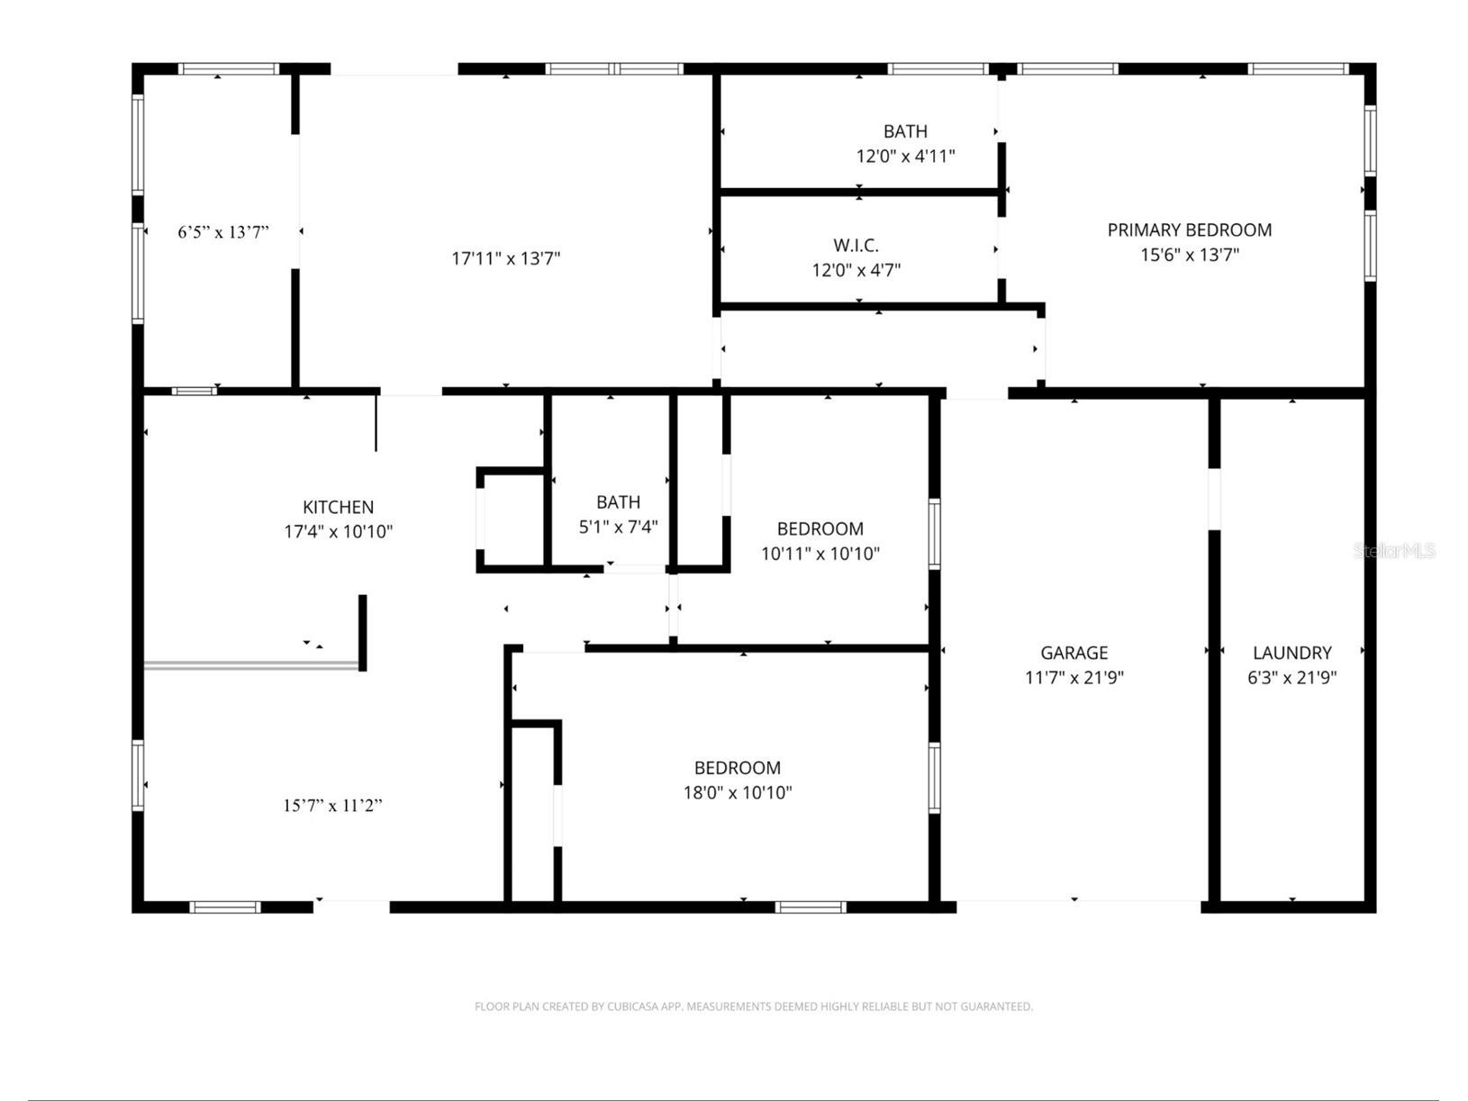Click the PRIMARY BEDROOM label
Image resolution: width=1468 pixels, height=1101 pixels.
[x=1189, y=230]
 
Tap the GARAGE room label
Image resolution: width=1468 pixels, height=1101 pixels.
[x=1074, y=653]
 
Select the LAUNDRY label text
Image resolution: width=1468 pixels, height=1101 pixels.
[x=1291, y=653]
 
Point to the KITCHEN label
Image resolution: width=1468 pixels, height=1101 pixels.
[x=338, y=507]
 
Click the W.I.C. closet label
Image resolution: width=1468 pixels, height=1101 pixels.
[x=856, y=245]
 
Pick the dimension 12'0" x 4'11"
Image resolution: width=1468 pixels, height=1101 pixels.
[x=905, y=156]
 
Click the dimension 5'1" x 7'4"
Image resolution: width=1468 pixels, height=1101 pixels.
[x=618, y=527]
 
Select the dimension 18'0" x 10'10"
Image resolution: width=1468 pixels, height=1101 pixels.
[x=737, y=792]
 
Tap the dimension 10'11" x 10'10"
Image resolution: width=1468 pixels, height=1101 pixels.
[x=820, y=554]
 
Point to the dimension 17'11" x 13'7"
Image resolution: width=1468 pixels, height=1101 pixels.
[x=505, y=259]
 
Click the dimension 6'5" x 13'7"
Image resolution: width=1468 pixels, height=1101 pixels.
[x=222, y=232]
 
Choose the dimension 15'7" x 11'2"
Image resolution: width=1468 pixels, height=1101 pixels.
[x=332, y=806]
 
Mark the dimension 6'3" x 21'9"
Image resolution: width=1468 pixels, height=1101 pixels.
[x=1291, y=677]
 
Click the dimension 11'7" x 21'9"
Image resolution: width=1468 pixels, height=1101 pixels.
[x=1074, y=677]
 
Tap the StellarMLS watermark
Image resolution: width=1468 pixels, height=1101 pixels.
[x=1393, y=550]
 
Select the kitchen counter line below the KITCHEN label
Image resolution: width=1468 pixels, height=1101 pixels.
[x=252, y=665]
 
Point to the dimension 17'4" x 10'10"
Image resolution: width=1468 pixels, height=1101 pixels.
[x=338, y=531]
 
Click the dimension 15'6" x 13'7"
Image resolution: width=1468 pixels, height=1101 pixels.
[x=1189, y=255]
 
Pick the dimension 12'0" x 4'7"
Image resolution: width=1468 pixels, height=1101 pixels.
[x=856, y=269]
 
